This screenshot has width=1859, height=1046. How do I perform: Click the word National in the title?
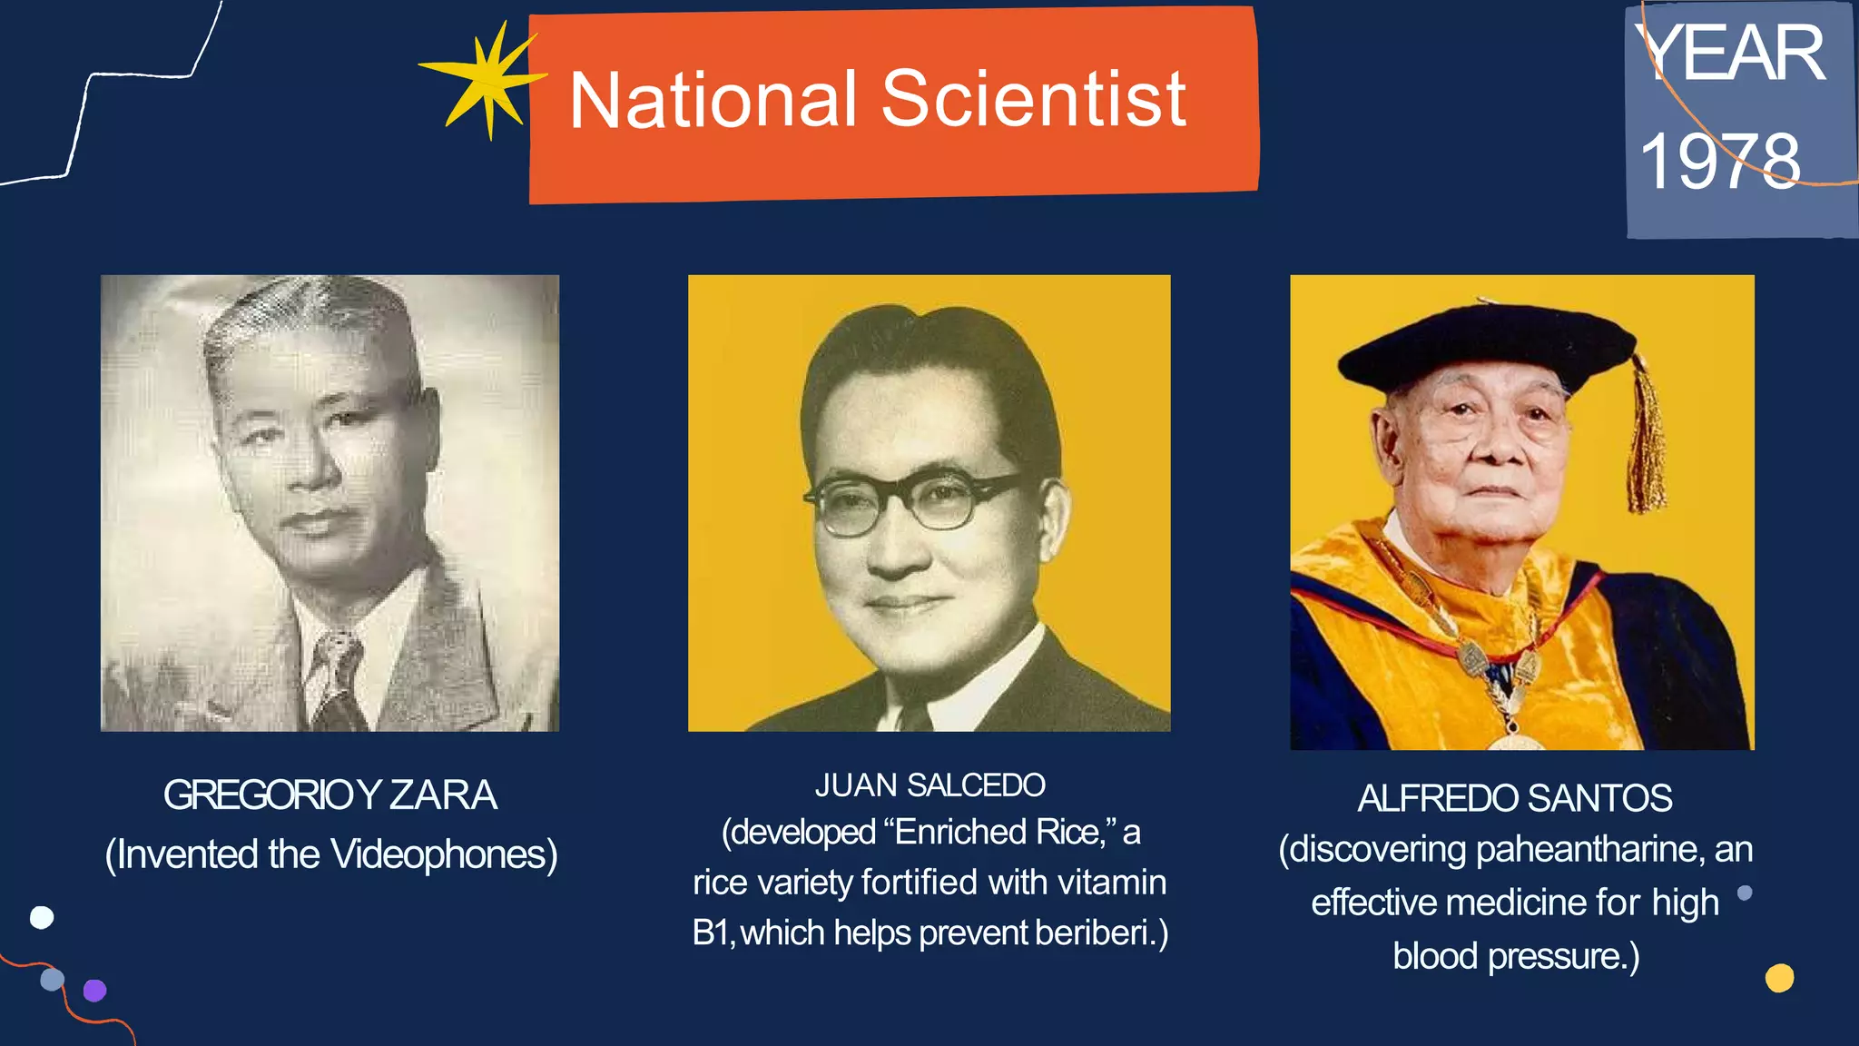(713, 100)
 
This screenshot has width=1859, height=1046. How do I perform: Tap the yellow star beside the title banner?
(485, 80)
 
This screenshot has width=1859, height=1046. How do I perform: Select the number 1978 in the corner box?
(1719, 162)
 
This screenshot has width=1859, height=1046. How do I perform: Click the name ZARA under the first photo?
(443, 795)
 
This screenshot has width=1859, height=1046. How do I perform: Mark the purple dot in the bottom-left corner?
(95, 990)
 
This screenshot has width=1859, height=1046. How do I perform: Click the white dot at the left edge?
(42, 917)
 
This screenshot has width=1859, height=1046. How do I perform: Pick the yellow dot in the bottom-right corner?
(1779, 978)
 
